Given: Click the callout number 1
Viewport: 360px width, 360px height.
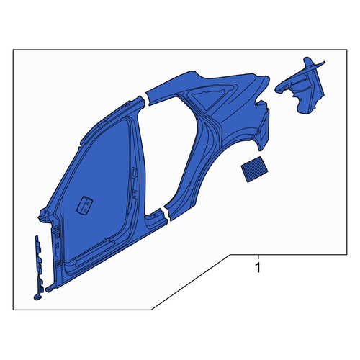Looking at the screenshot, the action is (258, 268).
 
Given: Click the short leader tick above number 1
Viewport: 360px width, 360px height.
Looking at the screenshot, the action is (258, 257).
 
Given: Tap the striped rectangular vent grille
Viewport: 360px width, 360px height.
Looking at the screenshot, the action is (254, 169).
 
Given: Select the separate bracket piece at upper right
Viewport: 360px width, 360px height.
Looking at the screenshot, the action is (301, 87).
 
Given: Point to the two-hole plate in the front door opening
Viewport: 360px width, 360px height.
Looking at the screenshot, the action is (85, 205).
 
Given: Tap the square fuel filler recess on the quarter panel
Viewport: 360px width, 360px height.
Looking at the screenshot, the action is (263, 128).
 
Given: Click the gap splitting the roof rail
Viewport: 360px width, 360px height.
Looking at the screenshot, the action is (146, 99).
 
